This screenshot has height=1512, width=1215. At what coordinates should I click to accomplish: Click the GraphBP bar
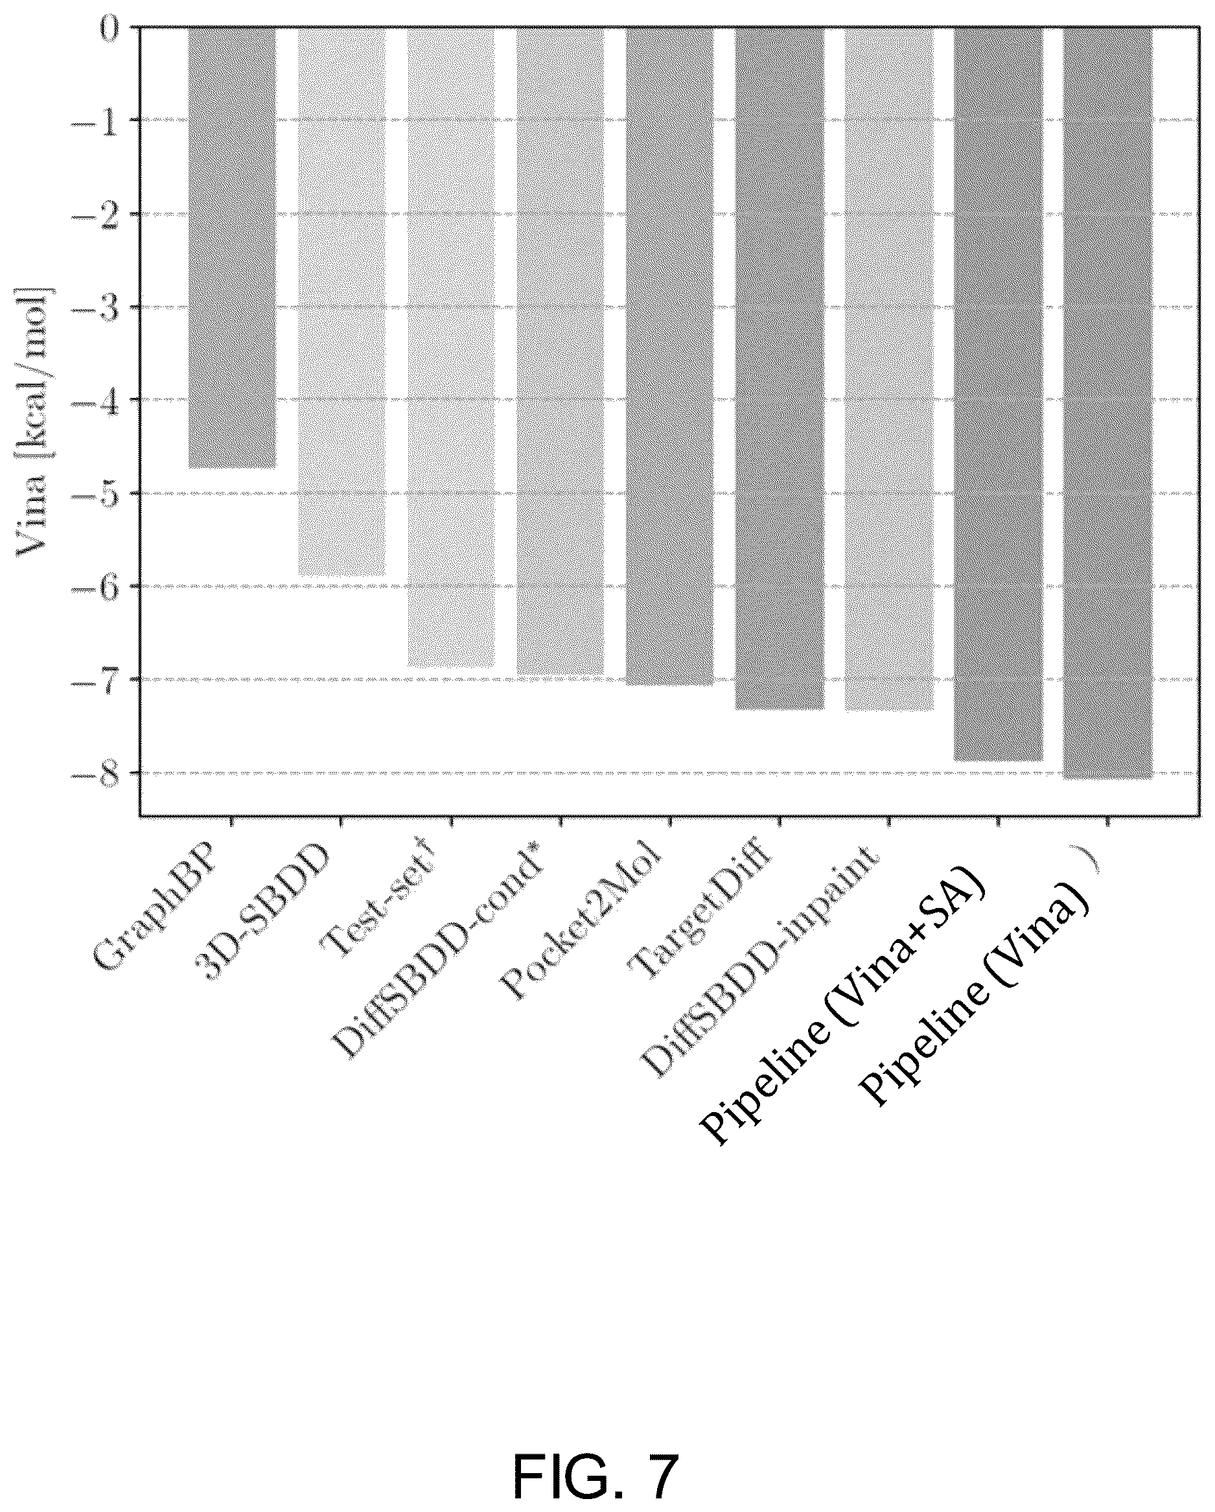[x=231, y=248]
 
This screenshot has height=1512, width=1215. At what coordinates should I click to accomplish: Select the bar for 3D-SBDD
[x=341, y=302]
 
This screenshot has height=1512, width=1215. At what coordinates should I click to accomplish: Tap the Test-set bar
[x=451, y=347]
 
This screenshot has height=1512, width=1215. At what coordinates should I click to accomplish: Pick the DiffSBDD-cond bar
[x=560, y=351]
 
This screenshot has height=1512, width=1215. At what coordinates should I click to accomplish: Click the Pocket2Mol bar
[x=669, y=356]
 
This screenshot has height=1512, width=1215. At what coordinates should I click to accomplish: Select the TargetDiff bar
[x=779, y=369]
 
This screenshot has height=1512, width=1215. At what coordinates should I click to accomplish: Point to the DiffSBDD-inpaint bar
[x=889, y=369]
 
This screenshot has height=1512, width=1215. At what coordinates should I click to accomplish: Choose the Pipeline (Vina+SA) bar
[x=999, y=394]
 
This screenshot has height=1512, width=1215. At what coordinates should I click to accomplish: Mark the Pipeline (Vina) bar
[x=1107, y=403]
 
